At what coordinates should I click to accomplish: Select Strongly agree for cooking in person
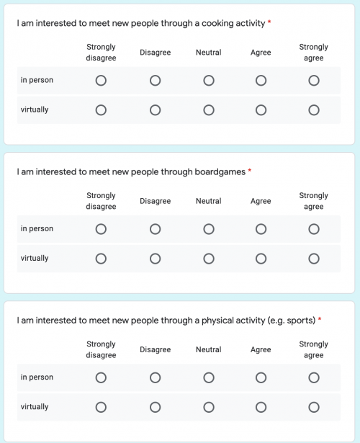point(314,81)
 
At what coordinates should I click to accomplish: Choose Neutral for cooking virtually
point(209,110)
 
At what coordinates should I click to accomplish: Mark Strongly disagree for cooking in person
point(101,81)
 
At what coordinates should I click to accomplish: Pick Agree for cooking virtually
point(261,110)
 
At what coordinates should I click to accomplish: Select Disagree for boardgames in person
point(156,229)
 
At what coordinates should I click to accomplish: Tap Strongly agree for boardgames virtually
point(314,259)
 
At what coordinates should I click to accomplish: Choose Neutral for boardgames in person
point(209,229)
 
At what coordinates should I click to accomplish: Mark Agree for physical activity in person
point(261,377)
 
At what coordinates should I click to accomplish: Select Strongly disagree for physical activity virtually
point(101,407)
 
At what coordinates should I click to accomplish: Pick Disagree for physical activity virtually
point(156,407)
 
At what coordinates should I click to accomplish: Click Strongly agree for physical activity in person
point(314,377)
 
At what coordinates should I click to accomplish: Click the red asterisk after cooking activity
point(269,23)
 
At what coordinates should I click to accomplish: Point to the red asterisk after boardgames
point(250,171)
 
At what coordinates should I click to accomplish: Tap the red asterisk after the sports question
point(320,320)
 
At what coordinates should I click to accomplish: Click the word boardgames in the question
point(220,172)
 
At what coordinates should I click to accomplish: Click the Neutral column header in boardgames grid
point(209,201)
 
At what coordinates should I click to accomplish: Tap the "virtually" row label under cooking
point(35,110)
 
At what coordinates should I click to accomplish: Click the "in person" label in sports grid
point(37,377)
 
